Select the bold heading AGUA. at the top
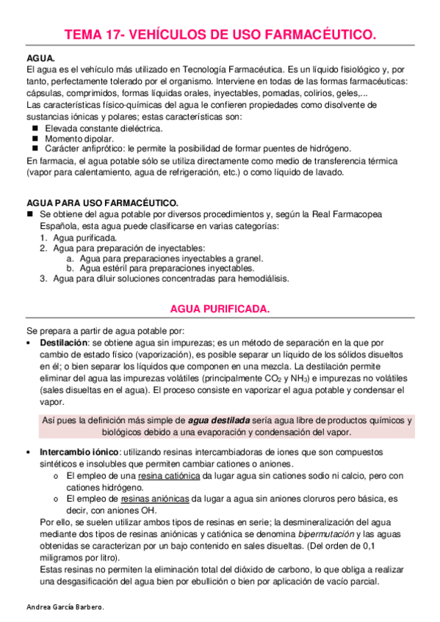tap(40, 57)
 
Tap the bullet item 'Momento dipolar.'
tap(79, 138)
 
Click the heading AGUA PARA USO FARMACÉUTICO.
tap(103, 202)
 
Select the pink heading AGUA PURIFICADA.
tap(220, 310)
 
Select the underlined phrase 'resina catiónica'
tap(170, 475)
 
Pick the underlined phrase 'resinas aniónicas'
tap(155, 499)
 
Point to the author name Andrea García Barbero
tap(65, 608)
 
